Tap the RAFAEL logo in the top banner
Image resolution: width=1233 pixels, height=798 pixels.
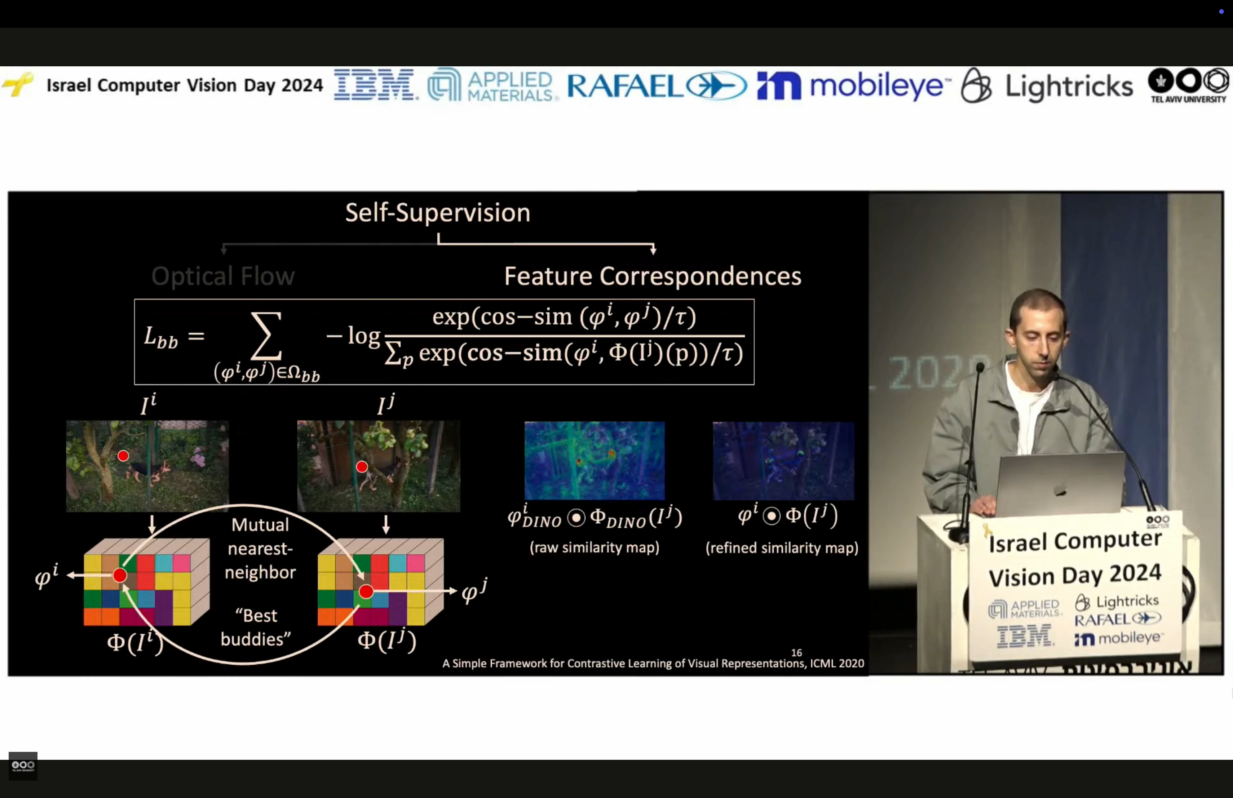pyautogui.click(x=656, y=86)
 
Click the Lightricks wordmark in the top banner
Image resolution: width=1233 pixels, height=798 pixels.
pyautogui.click(x=1068, y=86)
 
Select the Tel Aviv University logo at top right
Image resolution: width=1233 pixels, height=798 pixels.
pyautogui.click(x=1188, y=85)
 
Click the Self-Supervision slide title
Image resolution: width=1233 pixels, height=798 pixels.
pyautogui.click(x=438, y=213)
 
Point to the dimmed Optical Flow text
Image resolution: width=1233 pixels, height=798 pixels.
pyautogui.click(x=223, y=276)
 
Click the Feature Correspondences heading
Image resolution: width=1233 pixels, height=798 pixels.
pyautogui.click(x=652, y=276)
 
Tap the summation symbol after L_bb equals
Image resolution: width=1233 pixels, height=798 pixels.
pyautogui.click(x=266, y=336)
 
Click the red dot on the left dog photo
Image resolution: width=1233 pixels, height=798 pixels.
pyautogui.click(x=123, y=456)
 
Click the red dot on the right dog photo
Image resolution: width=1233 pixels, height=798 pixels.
pyautogui.click(x=362, y=466)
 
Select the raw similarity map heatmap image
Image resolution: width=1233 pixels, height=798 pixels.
pyautogui.click(x=594, y=460)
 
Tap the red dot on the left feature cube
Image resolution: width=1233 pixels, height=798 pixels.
pyautogui.click(x=120, y=575)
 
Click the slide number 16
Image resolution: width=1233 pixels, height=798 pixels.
pyautogui.click(x=796, y=652)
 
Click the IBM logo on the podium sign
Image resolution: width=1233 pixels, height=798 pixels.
pyautogui.click(x=1024, y=637)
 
